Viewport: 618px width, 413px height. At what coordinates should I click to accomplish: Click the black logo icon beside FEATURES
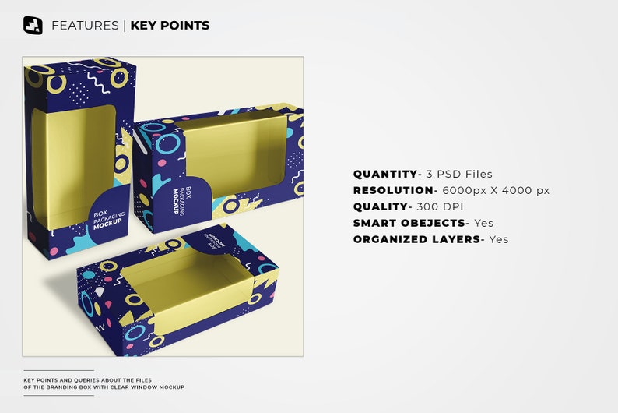33,26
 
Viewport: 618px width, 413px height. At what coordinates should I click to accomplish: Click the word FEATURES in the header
85,26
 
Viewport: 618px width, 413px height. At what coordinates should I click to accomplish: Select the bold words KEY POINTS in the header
170,26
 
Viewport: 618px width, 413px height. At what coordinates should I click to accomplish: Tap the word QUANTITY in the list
385,174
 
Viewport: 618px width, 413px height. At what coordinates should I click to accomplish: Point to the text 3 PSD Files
458,174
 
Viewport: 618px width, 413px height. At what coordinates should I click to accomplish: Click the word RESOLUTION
393,190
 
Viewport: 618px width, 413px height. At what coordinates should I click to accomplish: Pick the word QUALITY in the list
381,206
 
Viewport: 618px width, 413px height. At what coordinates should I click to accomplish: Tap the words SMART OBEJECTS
409,223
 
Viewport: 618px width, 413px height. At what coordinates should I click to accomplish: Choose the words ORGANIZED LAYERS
416,239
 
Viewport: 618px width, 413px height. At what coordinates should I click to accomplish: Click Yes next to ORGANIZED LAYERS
498,239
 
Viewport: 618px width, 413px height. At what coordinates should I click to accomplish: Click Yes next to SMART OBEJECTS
483,223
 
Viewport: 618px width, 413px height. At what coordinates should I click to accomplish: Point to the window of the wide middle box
234,152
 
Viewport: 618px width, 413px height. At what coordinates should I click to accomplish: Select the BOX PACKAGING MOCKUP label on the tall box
103,218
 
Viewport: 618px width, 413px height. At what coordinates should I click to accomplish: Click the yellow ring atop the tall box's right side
120,77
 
